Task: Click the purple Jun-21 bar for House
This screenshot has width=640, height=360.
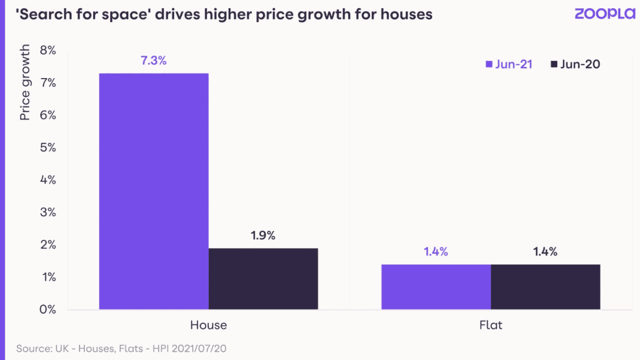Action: click(x=154, y=191)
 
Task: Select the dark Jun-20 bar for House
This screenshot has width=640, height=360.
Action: click(x=263, y=279)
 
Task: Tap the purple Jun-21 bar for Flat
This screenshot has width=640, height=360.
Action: click(x=436, y=287)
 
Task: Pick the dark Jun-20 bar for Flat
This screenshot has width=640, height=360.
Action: click(x=545, y=287)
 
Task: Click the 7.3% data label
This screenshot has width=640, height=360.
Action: click(x=154, y=61)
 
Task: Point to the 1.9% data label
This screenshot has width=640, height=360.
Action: click(x=263, y=235)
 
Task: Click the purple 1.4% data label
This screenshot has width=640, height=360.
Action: click(x=436, y=252)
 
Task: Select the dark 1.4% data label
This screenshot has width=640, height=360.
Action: click(x=545, y=252)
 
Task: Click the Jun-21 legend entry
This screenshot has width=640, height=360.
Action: click(x=509, y=65)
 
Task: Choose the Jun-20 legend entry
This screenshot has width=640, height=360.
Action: click(x=575, y=65)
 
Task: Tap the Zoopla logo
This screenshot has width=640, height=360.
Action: click(x=604, y=14)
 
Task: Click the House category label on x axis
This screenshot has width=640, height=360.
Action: click(x=208, y=325)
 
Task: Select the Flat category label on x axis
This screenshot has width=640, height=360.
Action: click(x=491, y=325)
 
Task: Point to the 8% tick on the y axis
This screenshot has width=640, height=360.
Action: click(x=45, y=51)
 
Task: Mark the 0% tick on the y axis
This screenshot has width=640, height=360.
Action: click(x=45, y=310)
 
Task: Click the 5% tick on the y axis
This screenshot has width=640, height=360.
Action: click(x=45, y=148)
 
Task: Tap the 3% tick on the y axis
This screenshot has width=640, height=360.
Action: click(x=45, y=213)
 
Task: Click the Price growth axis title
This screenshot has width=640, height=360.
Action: click(x=25, y=83)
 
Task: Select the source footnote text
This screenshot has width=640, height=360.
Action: click(x=121, y=349)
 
